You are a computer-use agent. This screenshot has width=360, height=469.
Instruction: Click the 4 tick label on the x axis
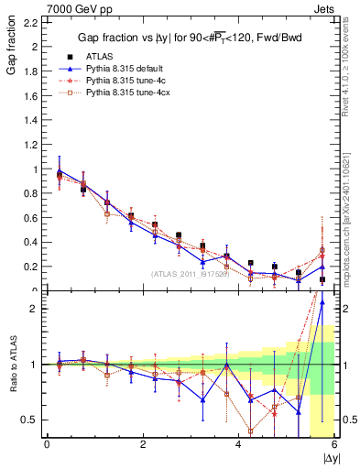(238, 444)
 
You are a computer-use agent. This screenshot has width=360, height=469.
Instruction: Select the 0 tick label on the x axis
(47, 444)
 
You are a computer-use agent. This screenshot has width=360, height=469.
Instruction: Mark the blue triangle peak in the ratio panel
(322, 327)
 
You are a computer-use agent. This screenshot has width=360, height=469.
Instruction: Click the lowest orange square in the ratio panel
(250, 431)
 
